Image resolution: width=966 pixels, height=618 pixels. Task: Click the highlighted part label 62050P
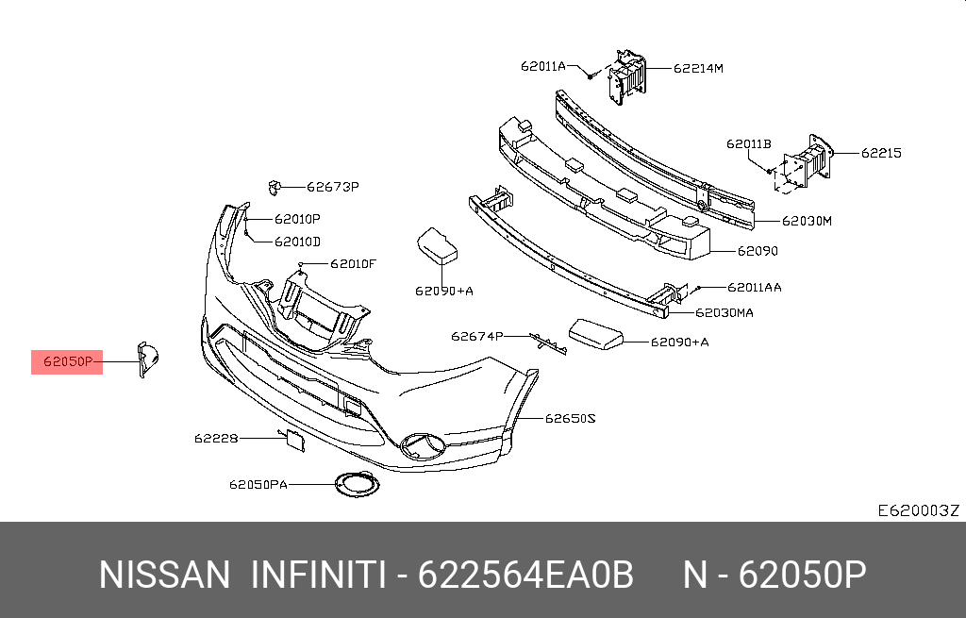(x=66, y=361)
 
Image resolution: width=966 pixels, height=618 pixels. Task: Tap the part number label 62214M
(x=698, y=68)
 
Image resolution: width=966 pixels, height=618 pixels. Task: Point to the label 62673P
(x=333, y=187)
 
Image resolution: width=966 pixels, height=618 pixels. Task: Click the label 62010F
(x=353, y=263)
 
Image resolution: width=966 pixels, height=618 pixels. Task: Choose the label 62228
(x=216, y=438)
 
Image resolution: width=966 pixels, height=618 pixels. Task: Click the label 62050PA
(x=258, y=485)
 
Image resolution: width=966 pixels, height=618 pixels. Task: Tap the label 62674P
(x=476, y=336)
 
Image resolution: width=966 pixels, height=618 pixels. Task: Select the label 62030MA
(x=724, y=312)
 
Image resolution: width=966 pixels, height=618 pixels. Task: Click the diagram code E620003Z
(x=918, y=510)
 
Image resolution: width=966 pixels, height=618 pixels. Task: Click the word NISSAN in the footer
(x=164, y=574)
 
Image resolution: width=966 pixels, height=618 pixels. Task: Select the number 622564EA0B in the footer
(x=525, y=574)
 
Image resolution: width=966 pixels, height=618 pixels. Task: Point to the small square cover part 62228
(x=292, y=439)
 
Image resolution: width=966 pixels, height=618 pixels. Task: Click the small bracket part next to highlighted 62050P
(x=147, y=359)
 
